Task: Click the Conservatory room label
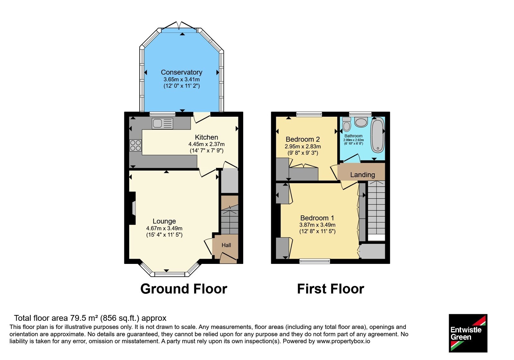pos(182,72)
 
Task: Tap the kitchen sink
pos(163,123)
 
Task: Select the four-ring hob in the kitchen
pos(136,146)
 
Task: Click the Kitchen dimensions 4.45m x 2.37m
pos(207,144)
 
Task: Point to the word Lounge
pos(164,221)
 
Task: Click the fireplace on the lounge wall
pos(132,208)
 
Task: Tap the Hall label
pos(226,245)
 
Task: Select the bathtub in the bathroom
pos(377,135)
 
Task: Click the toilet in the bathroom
pos(347,124)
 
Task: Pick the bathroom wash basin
pos(361,122)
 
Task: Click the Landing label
pos(363,175)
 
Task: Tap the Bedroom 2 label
pos(303,139)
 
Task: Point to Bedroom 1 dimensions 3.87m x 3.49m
pos(317,225)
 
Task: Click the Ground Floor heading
pos(184,289)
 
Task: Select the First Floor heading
pos(331,289)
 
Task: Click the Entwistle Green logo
pos(468,333)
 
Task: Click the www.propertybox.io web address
pos(343,341)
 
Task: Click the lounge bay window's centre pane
pos(170,274)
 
